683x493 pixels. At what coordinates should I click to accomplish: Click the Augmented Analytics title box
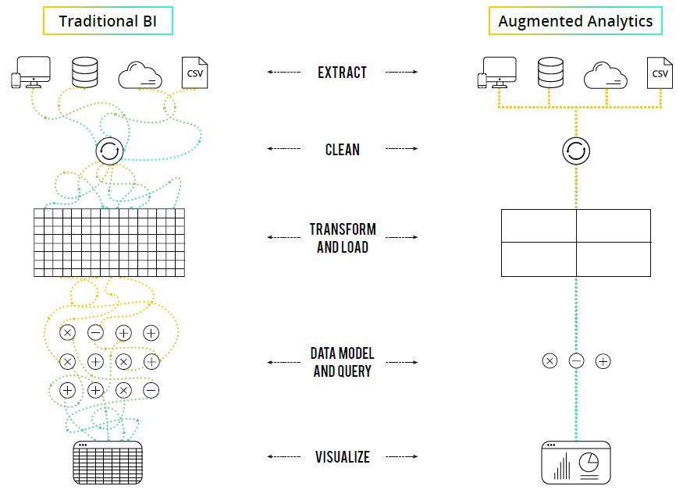pos(575,21)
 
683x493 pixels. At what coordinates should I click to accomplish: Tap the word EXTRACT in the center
pos(342,73)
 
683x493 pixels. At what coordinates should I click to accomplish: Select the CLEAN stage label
pos(342,149)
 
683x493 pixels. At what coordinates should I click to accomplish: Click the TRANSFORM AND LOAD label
pos(342,238)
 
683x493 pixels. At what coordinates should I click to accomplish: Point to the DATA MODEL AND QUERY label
pos(342,363)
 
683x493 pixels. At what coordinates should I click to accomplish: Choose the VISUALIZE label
pos(342,457)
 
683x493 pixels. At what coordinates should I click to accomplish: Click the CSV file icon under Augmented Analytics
pos(660,73)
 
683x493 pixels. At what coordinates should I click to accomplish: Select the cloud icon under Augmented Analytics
pos(607,75)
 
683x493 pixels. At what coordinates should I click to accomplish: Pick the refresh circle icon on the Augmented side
pos(576,151)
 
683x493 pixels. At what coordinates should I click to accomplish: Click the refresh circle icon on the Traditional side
pos(109,151)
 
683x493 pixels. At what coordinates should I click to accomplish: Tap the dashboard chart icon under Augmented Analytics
pos(576,463)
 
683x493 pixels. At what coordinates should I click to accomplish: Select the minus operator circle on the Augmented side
pos(576,361)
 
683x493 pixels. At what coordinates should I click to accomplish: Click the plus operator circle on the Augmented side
pos(603,361)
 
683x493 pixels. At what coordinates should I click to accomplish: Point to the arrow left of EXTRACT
pos(284,72)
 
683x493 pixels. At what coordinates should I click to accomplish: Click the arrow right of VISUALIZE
pos(401,457)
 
